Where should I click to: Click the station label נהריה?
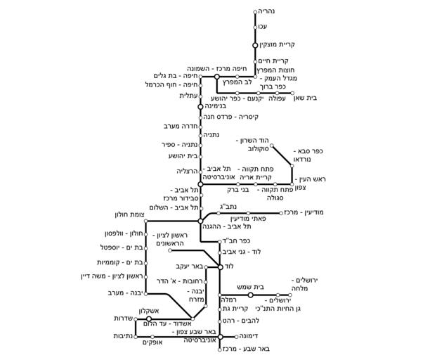tap(270, 11)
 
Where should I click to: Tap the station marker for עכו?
tap(256, 27)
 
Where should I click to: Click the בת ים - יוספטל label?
tap(122, 248)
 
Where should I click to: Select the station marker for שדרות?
tap(148, 319)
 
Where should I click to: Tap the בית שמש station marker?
tap(250, 295)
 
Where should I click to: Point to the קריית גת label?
tap(242, 309)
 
